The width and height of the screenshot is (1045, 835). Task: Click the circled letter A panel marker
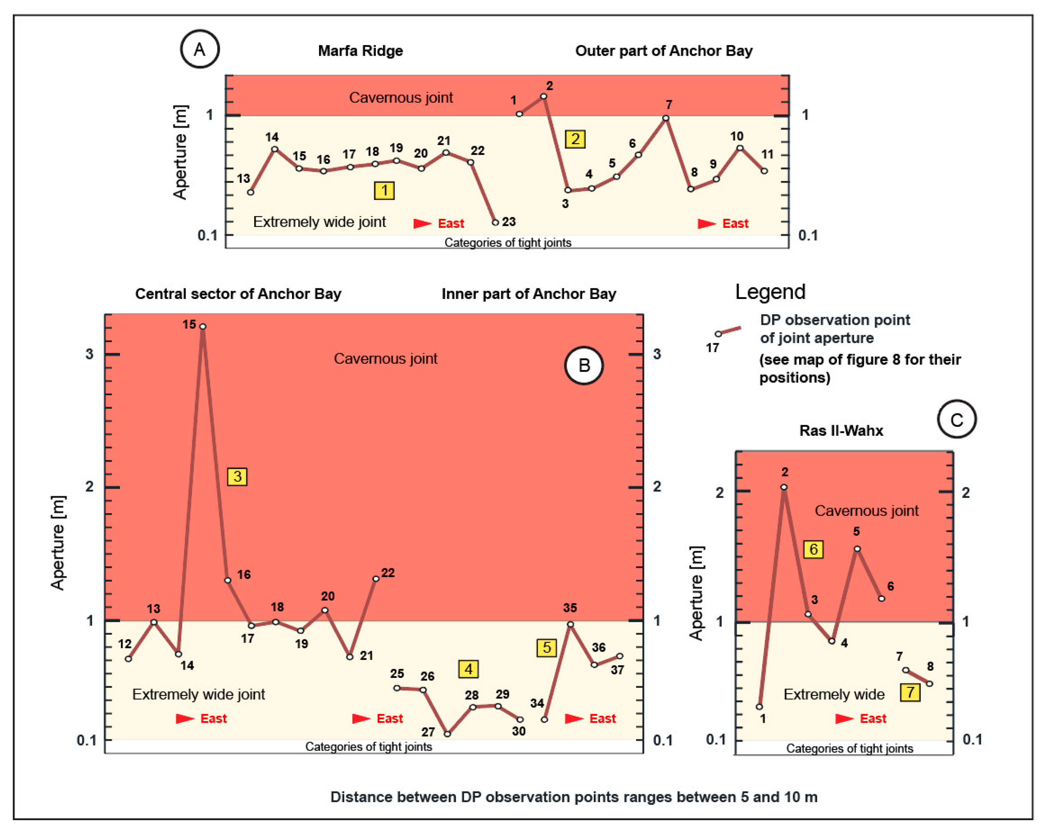coord(200,49)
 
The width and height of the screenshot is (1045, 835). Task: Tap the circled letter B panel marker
coord(584,365)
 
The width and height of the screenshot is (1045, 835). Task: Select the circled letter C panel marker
coord(956,419)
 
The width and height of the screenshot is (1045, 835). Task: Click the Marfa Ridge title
coord(360,51)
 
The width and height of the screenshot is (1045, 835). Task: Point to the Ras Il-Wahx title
coord(841,430)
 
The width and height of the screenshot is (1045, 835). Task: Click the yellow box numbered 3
coord(237,476)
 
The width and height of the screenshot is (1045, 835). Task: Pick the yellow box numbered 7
coord(910,692)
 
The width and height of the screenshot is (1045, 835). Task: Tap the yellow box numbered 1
coord(384,190)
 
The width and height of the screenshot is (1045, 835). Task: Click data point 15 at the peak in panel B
coord(203,326)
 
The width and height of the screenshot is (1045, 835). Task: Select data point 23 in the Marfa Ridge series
coord(495,223)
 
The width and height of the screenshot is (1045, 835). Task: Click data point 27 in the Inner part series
coord(447,734)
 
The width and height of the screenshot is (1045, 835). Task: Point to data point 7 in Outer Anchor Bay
coord(666,118)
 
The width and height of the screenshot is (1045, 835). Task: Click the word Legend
coord(770,292)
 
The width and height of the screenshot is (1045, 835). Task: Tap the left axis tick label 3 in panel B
coord(89,354)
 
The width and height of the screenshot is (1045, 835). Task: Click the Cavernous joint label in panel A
coord(401,97)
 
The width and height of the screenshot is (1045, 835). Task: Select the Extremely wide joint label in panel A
coord(319,222)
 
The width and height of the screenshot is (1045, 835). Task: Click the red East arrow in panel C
coord(844,718)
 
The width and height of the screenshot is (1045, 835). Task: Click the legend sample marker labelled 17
coord(718,334)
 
